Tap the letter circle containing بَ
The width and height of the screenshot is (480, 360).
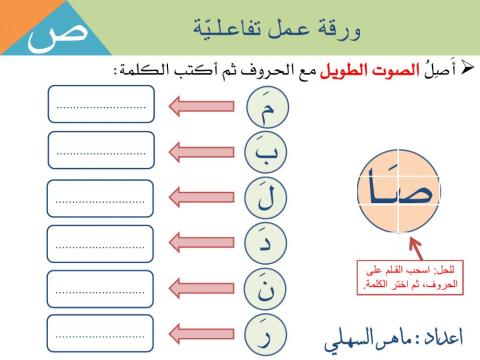[265, 151]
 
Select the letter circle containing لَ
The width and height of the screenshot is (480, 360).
[265, 197]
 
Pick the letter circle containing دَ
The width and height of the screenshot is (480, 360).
[265, 243]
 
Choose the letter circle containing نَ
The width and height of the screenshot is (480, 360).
[265, 289]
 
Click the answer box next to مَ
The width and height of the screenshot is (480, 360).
[101, 104]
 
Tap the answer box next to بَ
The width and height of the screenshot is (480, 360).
[101, 150]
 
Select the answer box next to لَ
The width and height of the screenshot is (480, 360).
[101, 197]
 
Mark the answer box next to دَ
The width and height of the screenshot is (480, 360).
[101, 243]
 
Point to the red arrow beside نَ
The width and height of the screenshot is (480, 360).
[204, 289]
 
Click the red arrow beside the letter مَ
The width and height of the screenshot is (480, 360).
[204, 105]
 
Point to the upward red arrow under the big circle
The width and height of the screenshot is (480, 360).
[387, 248]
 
